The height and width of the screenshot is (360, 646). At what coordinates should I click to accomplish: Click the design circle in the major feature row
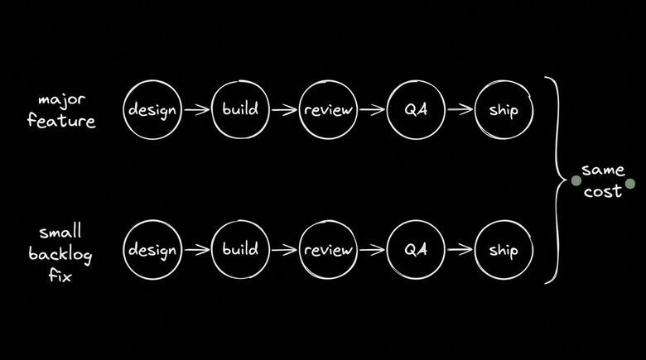point(152,109)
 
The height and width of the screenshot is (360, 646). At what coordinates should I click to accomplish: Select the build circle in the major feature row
point(240,109)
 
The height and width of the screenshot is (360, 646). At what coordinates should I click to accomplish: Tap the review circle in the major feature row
point(328,109)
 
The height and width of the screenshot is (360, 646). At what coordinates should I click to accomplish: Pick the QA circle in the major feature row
point(416,109)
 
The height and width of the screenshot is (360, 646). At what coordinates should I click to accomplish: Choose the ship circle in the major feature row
point(504,109)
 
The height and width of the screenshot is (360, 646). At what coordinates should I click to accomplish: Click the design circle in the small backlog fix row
point(152,249)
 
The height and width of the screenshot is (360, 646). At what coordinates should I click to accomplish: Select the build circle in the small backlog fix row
point(240,249)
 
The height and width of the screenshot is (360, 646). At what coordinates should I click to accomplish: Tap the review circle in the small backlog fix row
point(328,249)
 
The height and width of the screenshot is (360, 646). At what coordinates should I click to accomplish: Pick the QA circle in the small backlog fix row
point(416,249)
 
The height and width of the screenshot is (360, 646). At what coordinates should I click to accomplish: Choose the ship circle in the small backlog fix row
point(504,249)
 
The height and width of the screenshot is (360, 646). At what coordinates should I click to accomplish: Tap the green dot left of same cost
point(576,180)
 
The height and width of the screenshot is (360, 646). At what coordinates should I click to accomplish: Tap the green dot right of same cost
point(630,184)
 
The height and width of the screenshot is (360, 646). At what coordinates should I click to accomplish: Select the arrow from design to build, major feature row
point(196,109)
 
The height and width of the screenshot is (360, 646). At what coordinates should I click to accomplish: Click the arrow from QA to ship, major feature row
point(460,109)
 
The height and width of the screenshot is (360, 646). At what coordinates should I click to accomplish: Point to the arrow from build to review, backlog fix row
point(284,249)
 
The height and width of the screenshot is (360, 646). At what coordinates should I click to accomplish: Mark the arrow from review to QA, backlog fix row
point(372,249)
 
